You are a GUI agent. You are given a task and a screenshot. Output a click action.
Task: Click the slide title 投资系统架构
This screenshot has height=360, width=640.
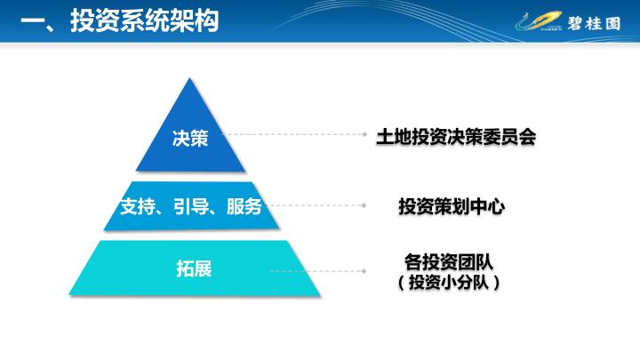[145, 20]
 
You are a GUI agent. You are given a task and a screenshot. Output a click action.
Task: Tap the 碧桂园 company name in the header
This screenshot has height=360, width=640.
[594, 23]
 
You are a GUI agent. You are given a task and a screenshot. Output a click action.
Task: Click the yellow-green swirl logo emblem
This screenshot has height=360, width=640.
[539, 21]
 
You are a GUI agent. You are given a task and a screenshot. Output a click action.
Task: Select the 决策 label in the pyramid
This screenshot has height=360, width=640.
[190, 139]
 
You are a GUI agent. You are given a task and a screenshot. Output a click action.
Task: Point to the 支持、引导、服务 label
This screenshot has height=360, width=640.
[191, 206]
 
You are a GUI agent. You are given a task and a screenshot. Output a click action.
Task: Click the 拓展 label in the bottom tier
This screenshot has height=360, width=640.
[195, 269]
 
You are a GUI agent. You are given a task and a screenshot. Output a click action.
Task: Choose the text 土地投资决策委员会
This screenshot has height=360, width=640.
[456, 137]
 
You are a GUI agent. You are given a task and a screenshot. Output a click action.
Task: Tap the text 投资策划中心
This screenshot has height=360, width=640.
[452, 206]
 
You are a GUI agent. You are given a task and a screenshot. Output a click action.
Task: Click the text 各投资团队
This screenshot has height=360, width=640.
[449, 261]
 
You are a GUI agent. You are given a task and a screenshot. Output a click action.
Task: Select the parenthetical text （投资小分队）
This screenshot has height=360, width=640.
[449, 282]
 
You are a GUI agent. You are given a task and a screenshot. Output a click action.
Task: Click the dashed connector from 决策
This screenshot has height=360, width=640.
[294, 134]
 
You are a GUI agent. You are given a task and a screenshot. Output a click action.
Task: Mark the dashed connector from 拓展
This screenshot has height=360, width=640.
[317, 271]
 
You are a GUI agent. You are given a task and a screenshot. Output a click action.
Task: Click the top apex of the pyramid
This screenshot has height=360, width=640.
[190, 78]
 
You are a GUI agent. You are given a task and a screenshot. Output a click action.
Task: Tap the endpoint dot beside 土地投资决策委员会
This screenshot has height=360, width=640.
[365, 134]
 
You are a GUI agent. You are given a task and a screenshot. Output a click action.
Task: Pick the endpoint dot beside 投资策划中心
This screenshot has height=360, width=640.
[364, 205]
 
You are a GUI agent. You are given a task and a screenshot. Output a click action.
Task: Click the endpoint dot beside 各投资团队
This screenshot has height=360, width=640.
[364, 271]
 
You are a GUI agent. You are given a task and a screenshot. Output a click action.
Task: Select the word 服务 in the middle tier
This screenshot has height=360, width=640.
[244, 206]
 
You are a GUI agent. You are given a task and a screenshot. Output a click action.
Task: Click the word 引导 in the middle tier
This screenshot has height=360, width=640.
[191, 206]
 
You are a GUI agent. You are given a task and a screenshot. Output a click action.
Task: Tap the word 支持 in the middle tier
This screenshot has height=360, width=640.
[138, 206]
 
